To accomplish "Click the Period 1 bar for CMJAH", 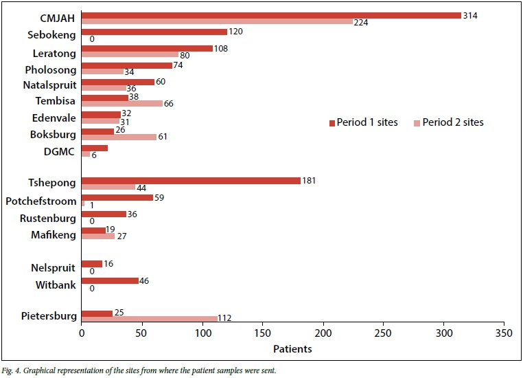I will coord(271,15).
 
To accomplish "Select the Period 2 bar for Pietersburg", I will coord(149,318).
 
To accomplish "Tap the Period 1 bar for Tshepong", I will coord(191,181).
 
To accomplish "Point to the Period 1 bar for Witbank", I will coord(110,280).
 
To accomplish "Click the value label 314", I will coord(470,14).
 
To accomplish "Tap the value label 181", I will coord(310,181).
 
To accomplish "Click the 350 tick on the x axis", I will coord(504,333).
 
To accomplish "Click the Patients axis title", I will coord(292,349).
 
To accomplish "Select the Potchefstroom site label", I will coord(41,201).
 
